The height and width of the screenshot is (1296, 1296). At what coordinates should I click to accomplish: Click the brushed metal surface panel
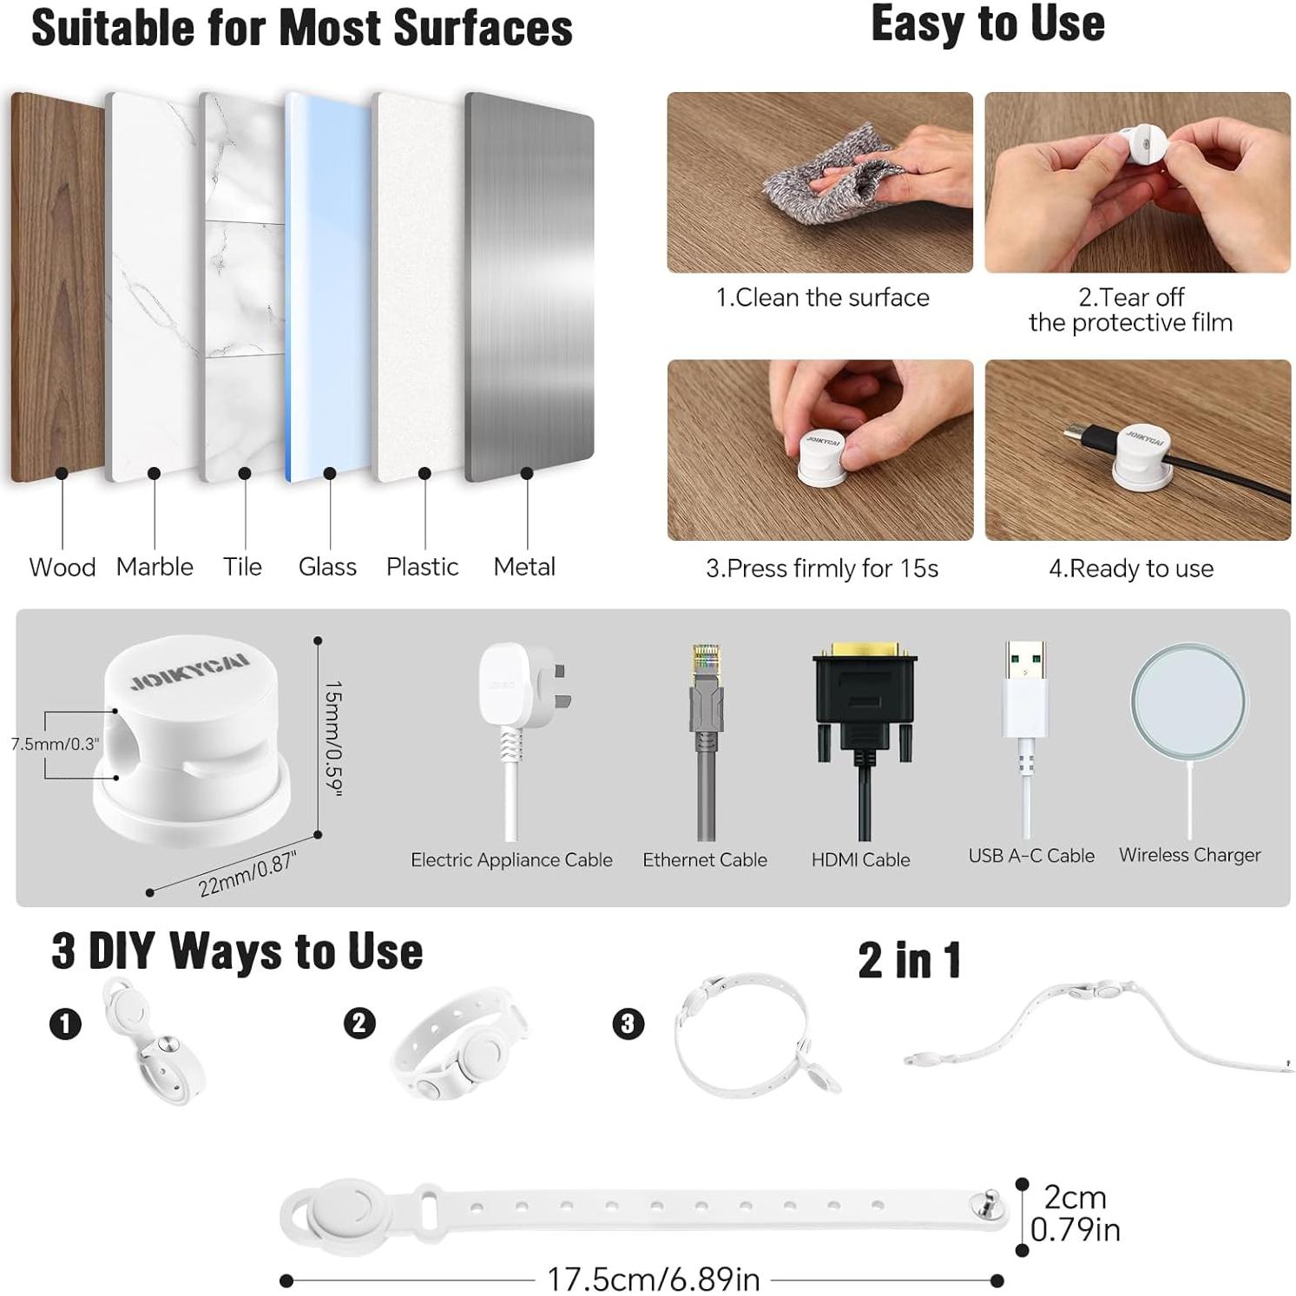[529, 286]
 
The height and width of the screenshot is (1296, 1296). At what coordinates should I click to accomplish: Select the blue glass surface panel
[328, 286]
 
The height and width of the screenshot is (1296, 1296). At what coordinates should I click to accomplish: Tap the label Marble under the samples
[155, 567]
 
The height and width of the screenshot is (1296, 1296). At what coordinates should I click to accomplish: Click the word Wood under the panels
[62, 568]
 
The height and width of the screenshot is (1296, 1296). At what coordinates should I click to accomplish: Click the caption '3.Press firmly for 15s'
[821, 569]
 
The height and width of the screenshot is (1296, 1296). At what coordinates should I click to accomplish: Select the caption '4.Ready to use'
[1130, 569]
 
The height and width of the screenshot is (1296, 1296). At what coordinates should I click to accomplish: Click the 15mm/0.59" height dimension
[333, 738]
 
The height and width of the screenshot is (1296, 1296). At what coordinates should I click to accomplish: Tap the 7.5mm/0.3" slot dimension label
[55, 744]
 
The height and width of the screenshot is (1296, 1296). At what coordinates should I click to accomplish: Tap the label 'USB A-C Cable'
[1030, 855]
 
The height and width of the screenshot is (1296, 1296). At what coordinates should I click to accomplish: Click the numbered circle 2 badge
[359, 1023]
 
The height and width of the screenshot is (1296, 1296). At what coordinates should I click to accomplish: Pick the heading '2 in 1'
[909, 960]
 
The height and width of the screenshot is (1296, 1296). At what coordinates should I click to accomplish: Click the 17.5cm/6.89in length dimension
[653, 1279]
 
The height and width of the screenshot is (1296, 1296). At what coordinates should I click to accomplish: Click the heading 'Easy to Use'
[987, 23]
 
